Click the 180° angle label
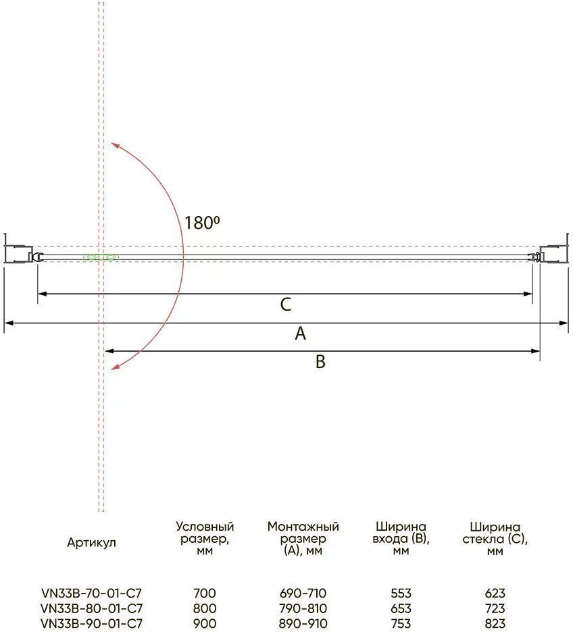click(202, 223)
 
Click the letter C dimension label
click(286, 305)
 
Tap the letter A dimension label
click(301, 334)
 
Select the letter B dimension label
click(320, 361)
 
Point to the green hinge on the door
click(101, 257)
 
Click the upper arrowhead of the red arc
click(115, 145)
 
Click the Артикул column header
click(91, 542)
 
